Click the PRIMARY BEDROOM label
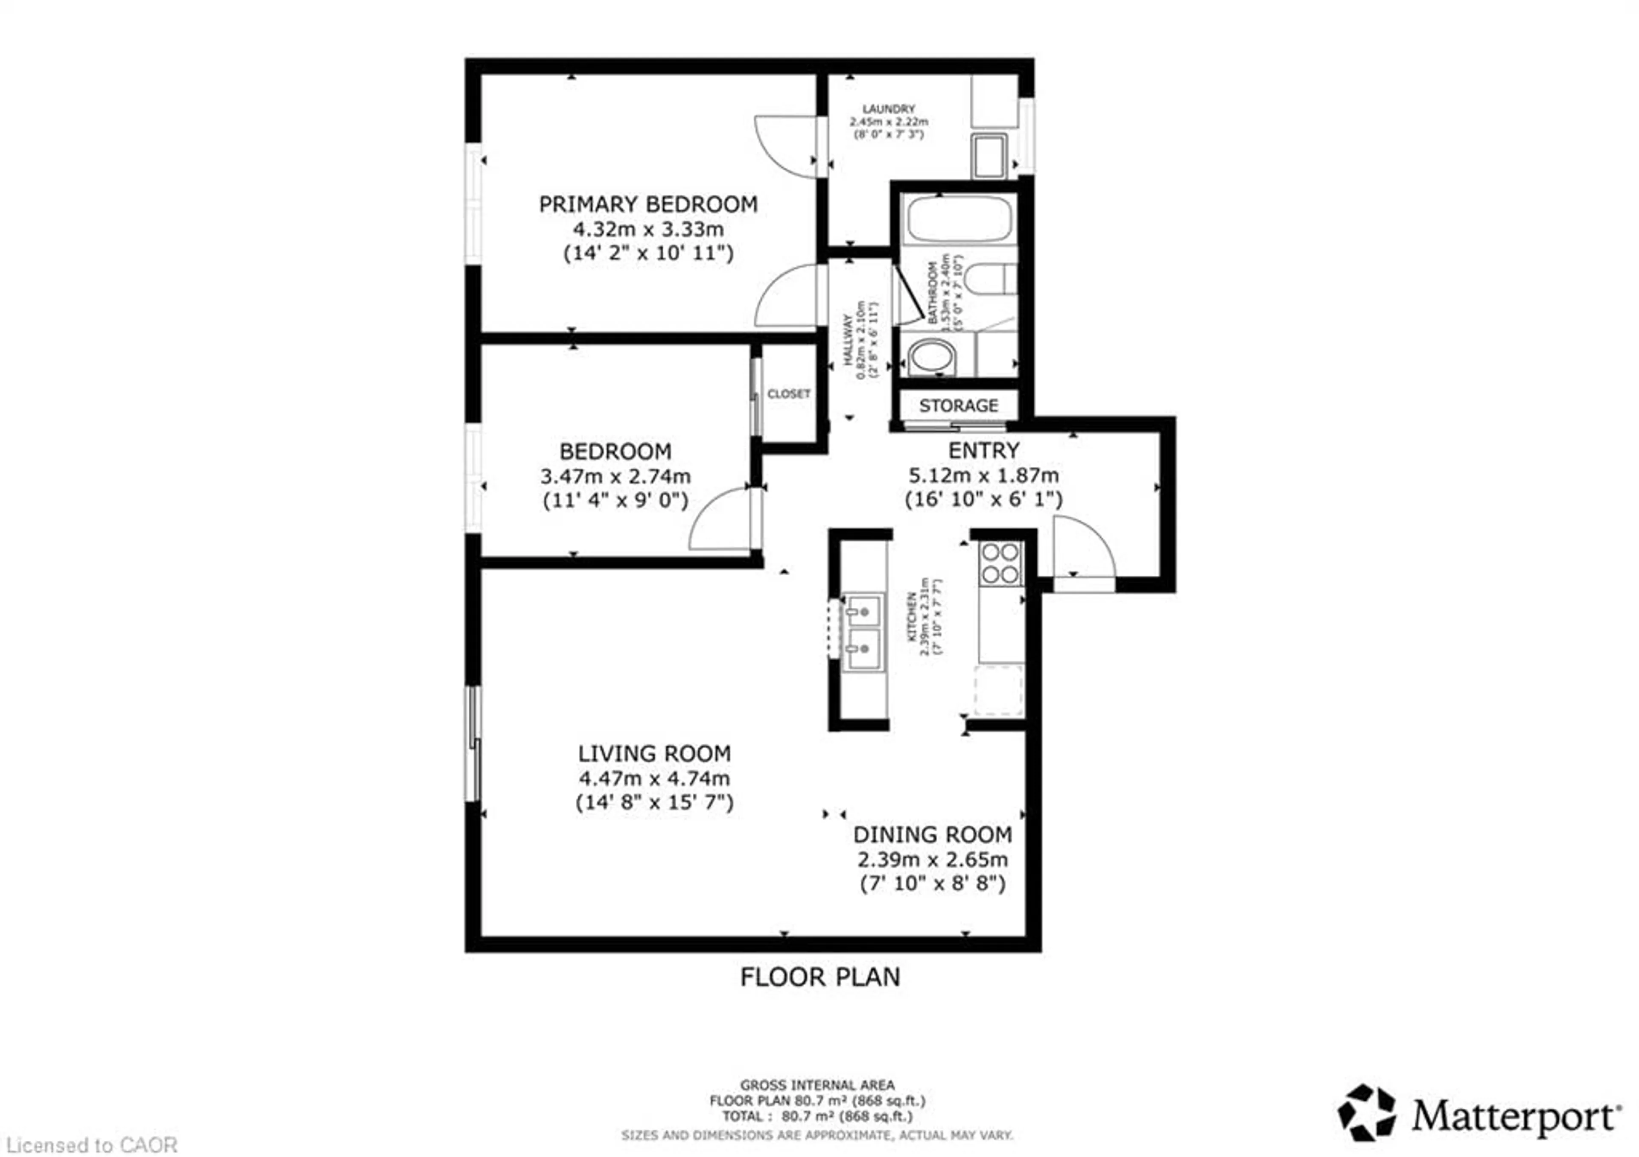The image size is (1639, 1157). (x=647, y=205)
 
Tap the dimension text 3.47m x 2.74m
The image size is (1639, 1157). (x=615, y=476)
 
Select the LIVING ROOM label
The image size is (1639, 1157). (x=654, y=754)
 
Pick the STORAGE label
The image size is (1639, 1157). (x=958, y=405)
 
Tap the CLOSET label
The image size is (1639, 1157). (x=788, y=394)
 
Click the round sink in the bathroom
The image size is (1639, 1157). (x=932, y=356)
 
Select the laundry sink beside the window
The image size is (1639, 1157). (x=989, y=156)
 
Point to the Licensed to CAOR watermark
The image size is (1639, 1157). (x=91, y=1145)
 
